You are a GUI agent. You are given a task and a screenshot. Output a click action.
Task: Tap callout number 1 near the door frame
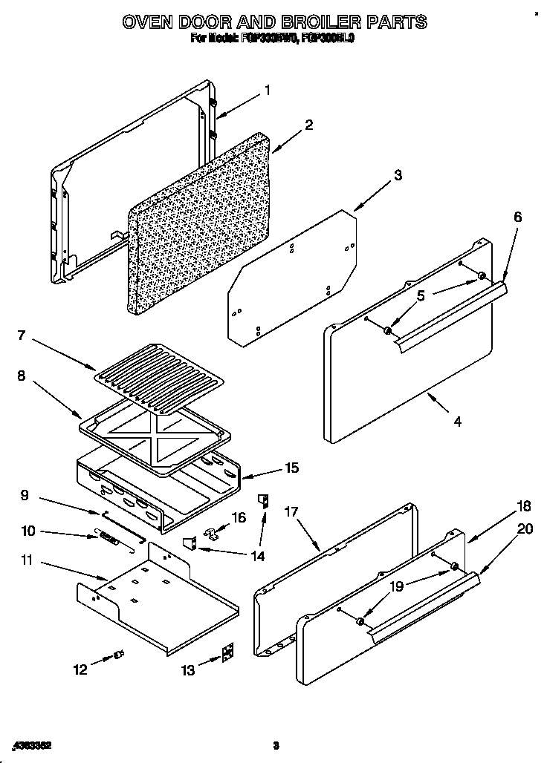[268, 91]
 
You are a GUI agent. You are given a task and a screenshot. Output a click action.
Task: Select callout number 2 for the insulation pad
[308, 124]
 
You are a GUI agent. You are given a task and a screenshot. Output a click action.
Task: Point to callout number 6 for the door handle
[517, 217]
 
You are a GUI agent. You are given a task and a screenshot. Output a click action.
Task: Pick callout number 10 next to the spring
[27, 531]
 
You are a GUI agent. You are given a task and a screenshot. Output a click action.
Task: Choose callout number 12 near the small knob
[80, 669]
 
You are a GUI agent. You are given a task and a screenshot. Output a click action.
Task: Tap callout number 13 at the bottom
[188, 670]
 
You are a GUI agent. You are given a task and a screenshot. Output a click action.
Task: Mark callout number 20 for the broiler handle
[525, 529]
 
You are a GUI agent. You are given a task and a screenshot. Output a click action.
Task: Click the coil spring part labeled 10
[109, 537]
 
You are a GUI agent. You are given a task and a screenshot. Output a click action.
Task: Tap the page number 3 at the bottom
[275, 745]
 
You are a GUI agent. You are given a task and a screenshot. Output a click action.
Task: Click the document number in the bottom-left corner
[30, 744]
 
